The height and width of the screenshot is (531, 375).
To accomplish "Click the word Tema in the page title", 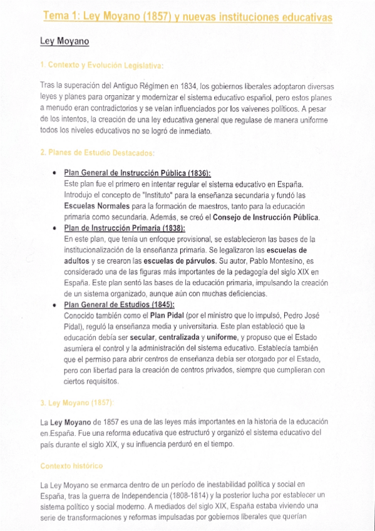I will [x=56, y=16].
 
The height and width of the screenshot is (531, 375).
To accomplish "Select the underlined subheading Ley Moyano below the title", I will [x=64, y=42].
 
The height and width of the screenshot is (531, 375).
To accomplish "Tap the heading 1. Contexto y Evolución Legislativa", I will [x=101, y=65].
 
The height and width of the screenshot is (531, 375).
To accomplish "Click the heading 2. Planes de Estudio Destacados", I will [x=97, y=152].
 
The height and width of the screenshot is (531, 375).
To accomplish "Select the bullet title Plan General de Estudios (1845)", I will [x=119, y=304].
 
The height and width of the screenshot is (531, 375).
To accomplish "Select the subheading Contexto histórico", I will [x=71, y=466].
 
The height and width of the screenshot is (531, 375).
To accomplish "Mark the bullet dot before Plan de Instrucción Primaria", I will [x=56, y=229].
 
